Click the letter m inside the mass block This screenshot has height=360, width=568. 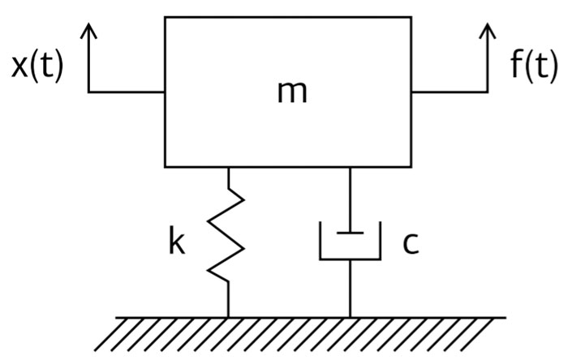(292, 92)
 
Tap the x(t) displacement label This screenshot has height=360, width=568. (37, 66)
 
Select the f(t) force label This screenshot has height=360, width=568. (534, 66)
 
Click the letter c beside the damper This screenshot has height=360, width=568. (411, 243)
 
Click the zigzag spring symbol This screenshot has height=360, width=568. (226, 235)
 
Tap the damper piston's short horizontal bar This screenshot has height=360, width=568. (350, 233)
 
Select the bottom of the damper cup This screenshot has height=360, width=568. (350, 259)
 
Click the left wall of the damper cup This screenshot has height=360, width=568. (321, 241)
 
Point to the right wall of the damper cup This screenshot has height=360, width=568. (380, 241)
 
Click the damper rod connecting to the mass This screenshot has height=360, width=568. (350, 200)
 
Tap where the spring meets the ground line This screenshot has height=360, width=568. (228, 317)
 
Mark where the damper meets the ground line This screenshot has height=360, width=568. (350, 317)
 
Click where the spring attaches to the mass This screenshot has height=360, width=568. (228, 168)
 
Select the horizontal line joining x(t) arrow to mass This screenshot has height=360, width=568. (127, 92)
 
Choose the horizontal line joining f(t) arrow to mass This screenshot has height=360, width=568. (450, 92)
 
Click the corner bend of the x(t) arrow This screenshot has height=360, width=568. (88, 92)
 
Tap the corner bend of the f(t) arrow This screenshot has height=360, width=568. (488, 92)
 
